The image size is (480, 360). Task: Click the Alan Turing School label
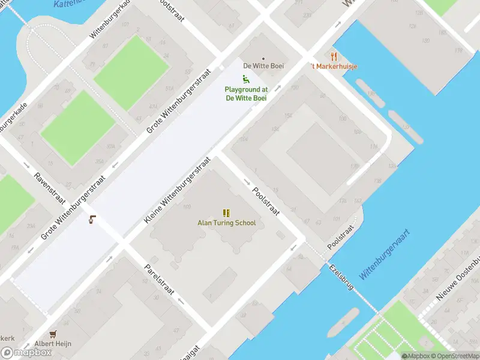coord(227,223)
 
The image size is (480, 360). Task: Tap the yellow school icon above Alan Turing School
coord(226,213)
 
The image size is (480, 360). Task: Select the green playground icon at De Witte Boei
coord(245,79)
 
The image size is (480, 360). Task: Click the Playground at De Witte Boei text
coord(246,94)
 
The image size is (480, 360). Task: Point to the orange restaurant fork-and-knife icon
coord(334,56)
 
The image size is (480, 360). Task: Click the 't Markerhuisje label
coord(334,66)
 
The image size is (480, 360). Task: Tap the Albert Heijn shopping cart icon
coord(53,334)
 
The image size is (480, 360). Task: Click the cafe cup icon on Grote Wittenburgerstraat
coord(92,220)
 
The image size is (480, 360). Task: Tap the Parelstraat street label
coord(160,280)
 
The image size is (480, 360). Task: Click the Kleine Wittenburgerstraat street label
coord(178,191)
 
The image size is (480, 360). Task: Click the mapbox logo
coord(26,353)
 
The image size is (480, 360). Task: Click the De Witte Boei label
coord(263,66)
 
